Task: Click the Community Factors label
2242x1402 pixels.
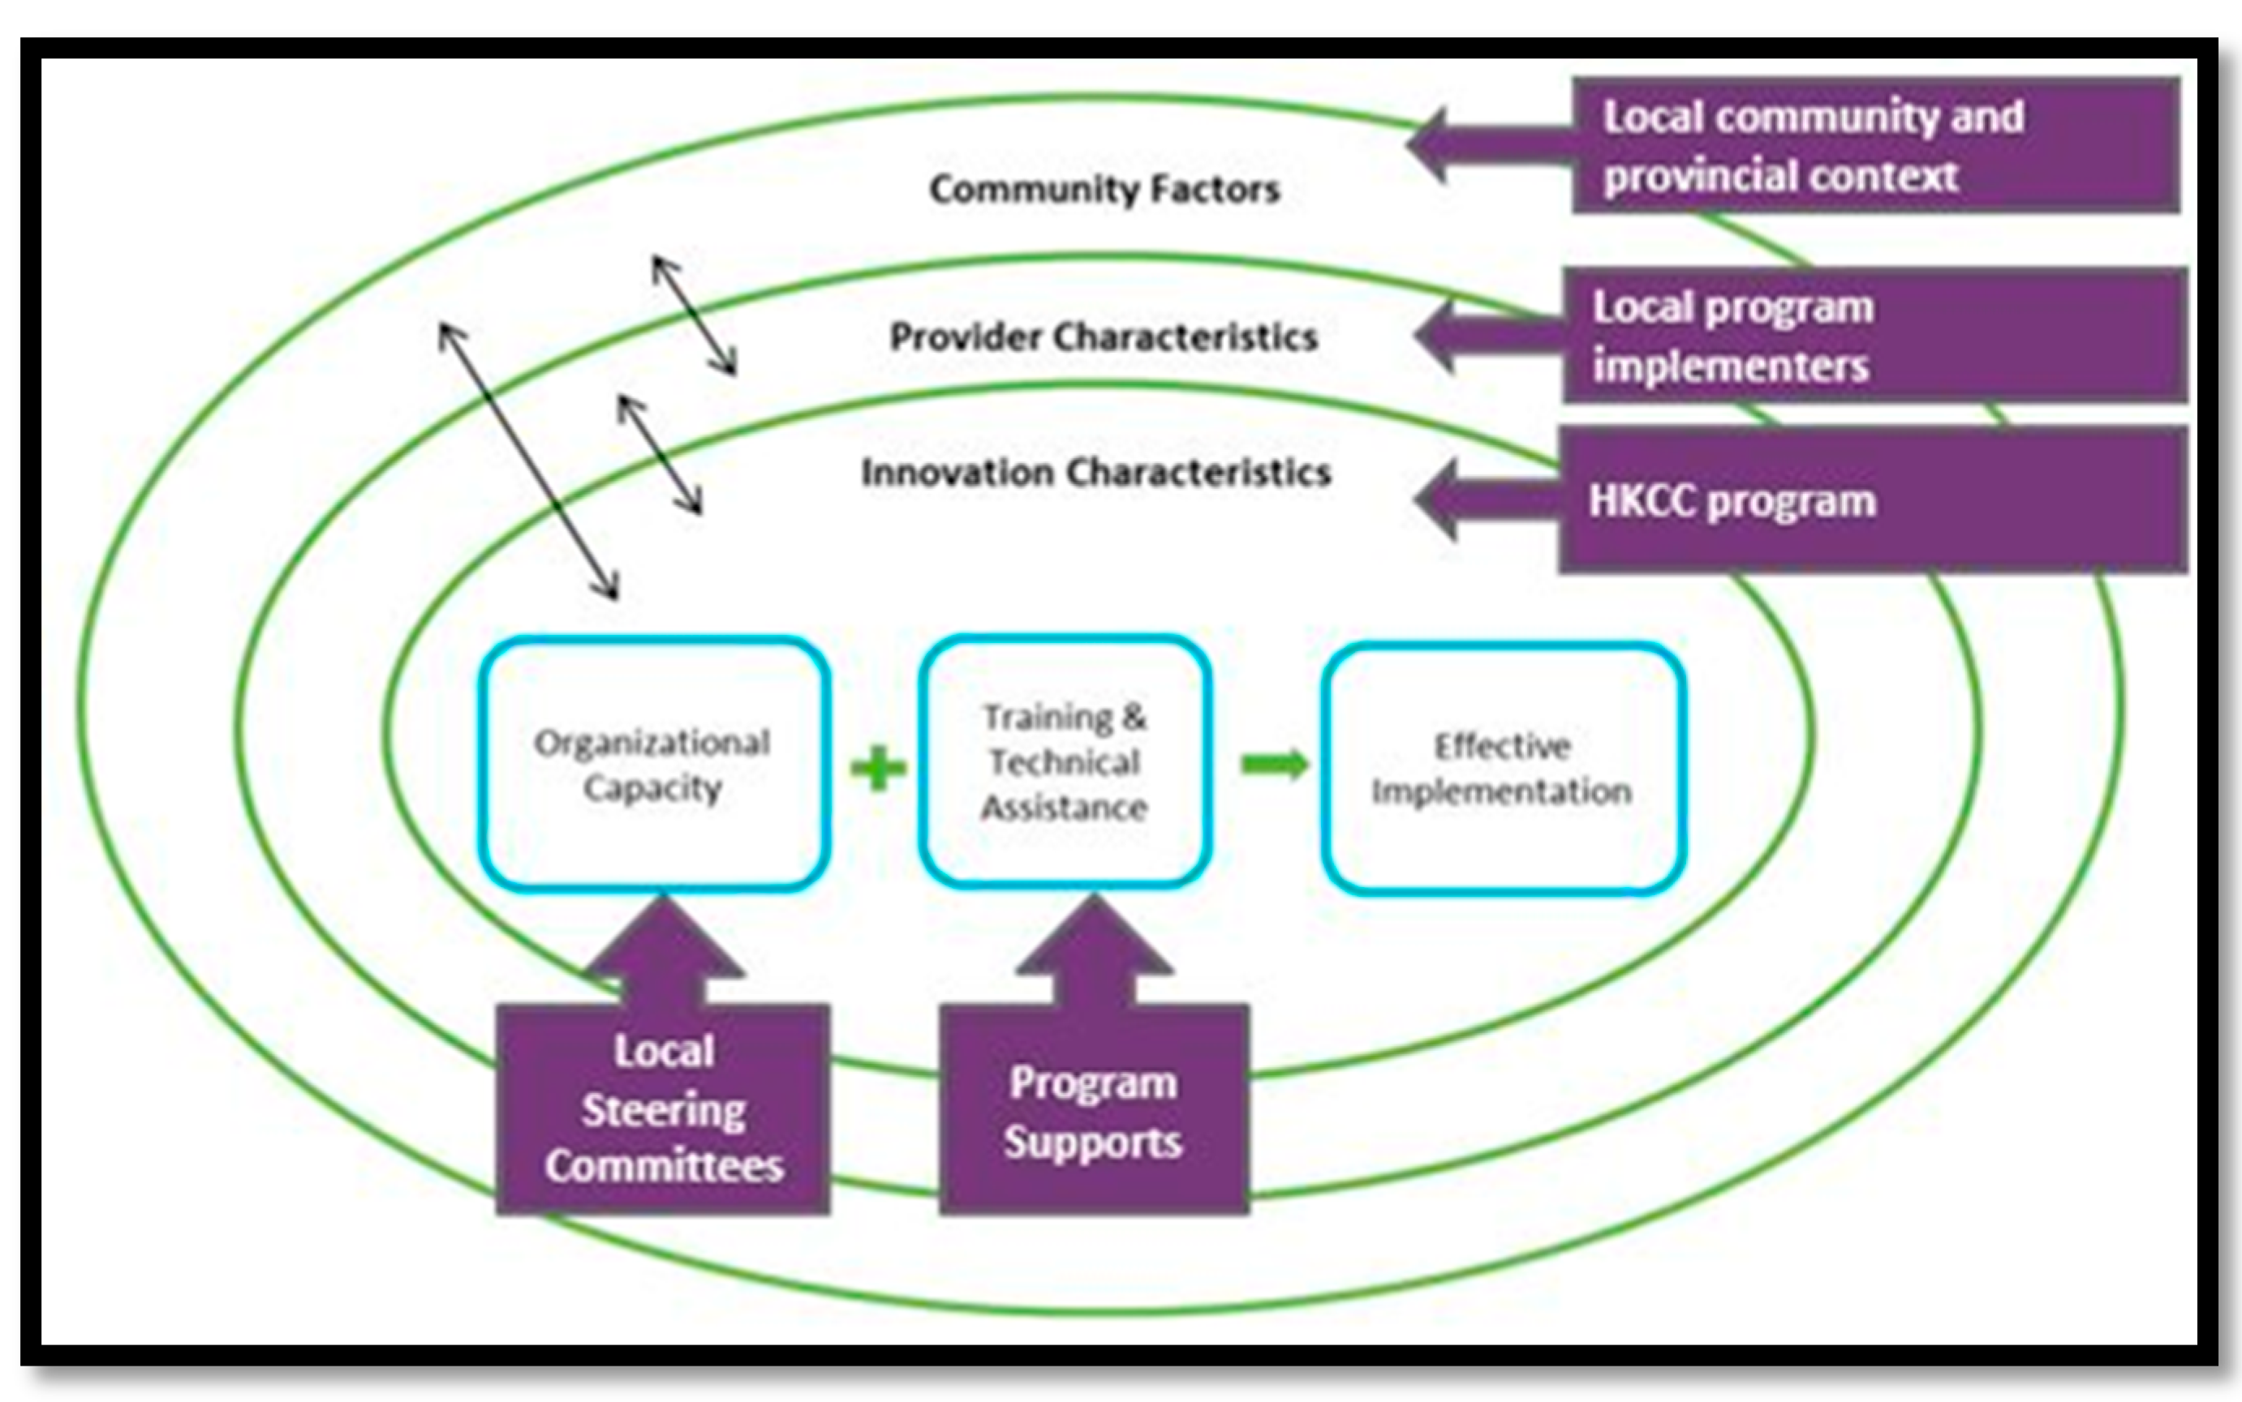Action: [x=1104, y=189]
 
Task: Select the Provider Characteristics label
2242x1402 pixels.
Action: [x=1103, y=337]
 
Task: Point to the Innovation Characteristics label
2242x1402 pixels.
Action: [x=1095, y=473]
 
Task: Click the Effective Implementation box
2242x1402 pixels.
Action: [x=1502, y=769]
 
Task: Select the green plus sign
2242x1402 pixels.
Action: [x=877, y=769]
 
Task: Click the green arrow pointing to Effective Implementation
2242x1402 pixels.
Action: [x=1275, y=765]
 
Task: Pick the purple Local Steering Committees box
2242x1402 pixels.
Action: [x=662, y=1109]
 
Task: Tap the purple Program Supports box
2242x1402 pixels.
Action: [x=1094, y=1111]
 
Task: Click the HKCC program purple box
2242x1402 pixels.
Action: [x=1872, y=501]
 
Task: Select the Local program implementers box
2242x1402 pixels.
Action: [x=1874, y=336]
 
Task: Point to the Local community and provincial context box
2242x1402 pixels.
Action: [x=1874, y=146]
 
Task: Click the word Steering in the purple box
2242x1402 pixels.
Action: [x=663, y=1110]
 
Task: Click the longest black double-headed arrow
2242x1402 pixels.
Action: [x=529, y=461]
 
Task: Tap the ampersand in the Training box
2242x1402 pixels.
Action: [x=1134, y=717]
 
